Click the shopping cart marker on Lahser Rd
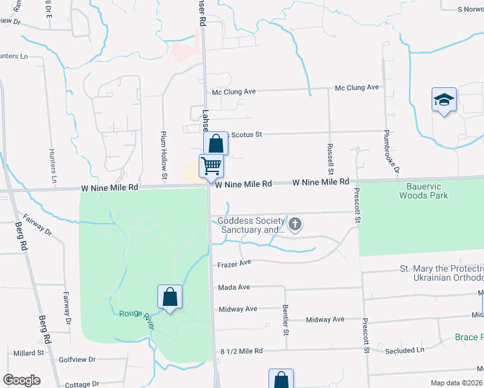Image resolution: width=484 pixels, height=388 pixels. (x=212, y=166)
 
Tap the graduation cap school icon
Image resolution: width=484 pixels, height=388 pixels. (x=444, y=100)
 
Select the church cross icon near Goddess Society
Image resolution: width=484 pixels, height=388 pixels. (x=295, y=225)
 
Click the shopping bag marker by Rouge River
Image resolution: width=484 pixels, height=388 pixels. (x=170, y=297)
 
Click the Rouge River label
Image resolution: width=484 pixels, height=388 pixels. (x=137, y=318)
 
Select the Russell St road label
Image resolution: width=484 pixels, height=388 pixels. (x=330, y=158)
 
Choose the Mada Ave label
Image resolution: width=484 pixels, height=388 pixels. (x=234, y=287)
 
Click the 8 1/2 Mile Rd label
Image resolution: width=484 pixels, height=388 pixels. (x=241, y=351)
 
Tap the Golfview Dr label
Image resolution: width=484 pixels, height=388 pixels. (x=77, y=359)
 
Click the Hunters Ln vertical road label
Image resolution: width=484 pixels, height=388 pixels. (x=52, y=164)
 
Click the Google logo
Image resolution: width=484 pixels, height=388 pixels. (x=21, y=380)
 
